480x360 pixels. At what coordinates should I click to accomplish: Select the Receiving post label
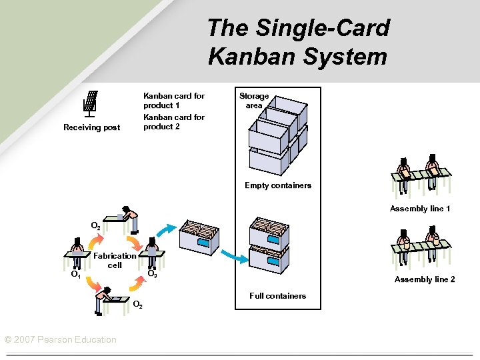point(91,127)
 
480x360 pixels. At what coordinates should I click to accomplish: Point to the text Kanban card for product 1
point(173,101)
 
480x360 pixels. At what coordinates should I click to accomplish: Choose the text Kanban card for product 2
point(173,121)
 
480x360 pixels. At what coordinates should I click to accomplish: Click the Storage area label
point(254,101)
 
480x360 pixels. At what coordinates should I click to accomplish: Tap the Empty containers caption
point(277,185)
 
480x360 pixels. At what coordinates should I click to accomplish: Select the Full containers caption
point(277,296)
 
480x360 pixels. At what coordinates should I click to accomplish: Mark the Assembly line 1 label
point(420,209)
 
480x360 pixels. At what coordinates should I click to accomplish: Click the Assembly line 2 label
point(425,279)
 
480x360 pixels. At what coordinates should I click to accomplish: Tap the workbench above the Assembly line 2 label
point(421,245)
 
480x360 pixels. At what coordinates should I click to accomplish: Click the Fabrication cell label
point(115,260)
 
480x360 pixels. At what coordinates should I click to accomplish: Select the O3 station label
point(152,274)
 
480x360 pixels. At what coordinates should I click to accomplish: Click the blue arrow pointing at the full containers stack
point(233,255)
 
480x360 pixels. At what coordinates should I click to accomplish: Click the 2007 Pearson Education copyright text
point(60,339)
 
